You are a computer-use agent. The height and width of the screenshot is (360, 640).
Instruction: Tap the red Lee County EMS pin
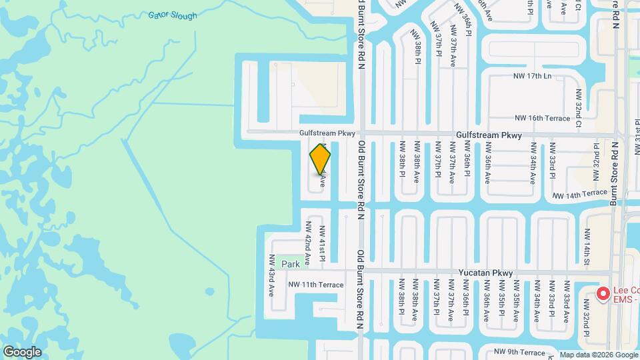[603, 293]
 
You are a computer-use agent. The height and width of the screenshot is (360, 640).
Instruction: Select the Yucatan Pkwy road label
[485, 273]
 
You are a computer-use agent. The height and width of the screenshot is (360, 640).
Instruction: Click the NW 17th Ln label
[533, 76]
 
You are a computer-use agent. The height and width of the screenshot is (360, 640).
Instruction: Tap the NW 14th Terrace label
[580, 194]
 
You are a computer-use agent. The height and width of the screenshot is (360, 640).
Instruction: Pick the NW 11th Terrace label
[316, 285]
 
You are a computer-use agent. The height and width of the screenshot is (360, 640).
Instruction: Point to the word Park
[291, 264]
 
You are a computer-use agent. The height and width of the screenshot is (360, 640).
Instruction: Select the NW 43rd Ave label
[272, 275]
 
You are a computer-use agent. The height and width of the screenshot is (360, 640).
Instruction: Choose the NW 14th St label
[587, 247]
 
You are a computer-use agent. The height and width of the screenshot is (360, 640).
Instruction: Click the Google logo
[21, 352]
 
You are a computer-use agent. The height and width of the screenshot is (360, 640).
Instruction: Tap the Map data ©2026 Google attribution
[598, 355]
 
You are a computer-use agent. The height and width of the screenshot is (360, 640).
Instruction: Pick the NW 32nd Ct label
[578, 111]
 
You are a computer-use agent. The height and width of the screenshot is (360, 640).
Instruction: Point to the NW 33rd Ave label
[566, 299]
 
